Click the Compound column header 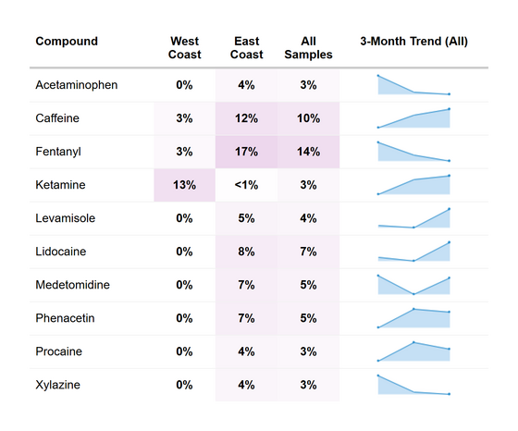[67, 42]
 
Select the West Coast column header [184, 48]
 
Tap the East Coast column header [246, 48]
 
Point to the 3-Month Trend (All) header [414, 42]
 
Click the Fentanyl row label [58, 152]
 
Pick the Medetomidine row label [73, 285]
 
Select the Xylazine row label [57, 385]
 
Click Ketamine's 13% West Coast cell [184, 185]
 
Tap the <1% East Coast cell [246, 185]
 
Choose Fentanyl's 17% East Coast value [246, 152]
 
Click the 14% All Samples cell [309, 152]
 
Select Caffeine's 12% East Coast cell [246, 118]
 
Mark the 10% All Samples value [309, 118]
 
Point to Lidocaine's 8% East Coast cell [246, 252]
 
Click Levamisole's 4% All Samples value [309, 218]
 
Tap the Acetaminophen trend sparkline [413, 85]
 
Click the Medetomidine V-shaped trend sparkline [413, 285]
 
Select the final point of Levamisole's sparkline [450, 209]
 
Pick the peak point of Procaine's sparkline [414, 342]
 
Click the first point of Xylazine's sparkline [378, 376]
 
